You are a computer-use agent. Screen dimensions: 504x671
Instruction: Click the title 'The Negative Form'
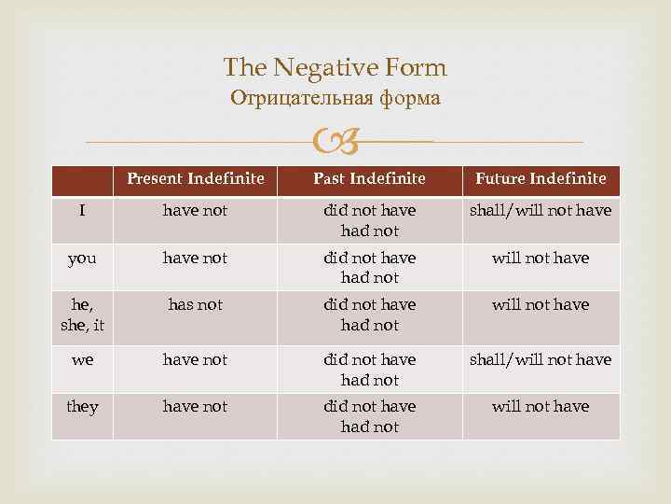pyautogui.click(x=335, y=67)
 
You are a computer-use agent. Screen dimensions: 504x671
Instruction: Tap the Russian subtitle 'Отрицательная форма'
pyautogui.click(x=335, y=98)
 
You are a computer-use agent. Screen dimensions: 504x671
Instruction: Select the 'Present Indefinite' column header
pyautogui.click(x=195, y=178)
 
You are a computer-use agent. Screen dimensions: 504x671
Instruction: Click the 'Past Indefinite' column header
pyautogui.click(x=369, y=178)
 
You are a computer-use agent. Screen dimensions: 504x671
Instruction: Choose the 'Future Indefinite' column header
pyautogui.click(x=541, y=178)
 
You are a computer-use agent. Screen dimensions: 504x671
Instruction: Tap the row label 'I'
pyautogui.click(x=82, y=211)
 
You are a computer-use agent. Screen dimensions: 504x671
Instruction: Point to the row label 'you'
pyautogui.click(x=82, y=258)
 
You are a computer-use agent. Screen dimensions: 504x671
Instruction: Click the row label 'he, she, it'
pyautogui.click(x=82, y=314)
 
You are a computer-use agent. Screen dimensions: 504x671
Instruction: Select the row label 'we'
pyautogui.click(x=82, y=360)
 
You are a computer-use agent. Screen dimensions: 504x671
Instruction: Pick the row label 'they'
pyautogui.click(x=82, y=407)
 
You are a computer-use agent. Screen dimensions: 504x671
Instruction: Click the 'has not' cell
pyautogui.click(x=195, y=304)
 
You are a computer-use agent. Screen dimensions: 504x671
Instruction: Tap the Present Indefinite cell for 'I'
pyautogui.click(x=195, y=211)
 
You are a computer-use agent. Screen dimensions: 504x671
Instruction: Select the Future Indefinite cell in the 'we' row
pyautogui.click(x=541, y=360)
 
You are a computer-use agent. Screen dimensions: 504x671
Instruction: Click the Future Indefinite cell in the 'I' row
pyautogui.click(x=541, y=211)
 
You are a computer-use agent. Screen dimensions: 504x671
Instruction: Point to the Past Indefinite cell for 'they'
pyautogui.click(x=369, y=416)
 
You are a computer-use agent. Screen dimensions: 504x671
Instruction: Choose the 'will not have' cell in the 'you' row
pyautogui.click(x=541, y=258)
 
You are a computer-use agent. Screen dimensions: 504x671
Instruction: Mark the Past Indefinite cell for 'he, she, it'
pyautogui.click(x=369, y=315)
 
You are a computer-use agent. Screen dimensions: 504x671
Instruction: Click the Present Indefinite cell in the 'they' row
pyautogui.click(x=195, y=407)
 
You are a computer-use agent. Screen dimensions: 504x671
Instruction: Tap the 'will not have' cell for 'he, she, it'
pyautogui.click(x=541, y=304)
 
